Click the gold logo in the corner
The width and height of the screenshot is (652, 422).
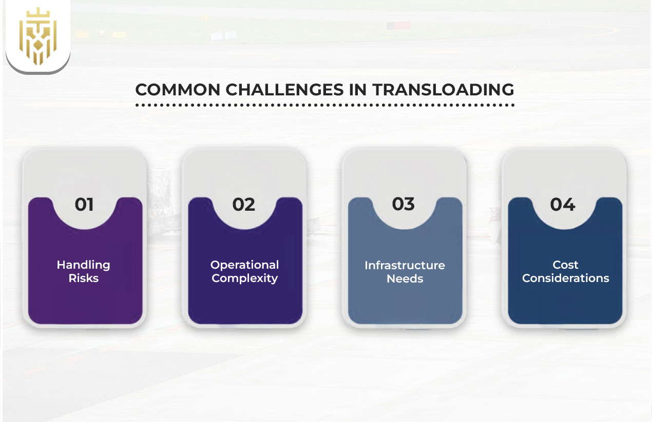37,36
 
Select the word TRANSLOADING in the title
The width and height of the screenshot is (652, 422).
444,90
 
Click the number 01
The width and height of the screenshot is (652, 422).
84,205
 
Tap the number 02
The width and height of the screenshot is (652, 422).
244,205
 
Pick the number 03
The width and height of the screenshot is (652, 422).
404,204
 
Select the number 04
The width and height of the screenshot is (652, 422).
563,205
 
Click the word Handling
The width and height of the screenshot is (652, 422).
84,265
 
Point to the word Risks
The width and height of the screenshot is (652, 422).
84,278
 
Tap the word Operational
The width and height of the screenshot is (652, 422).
245,265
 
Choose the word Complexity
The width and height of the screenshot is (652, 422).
245,278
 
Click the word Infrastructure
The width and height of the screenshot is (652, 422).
405,266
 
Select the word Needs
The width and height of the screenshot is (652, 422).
405,279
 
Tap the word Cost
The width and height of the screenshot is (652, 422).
565,265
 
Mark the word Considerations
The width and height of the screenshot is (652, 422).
565,278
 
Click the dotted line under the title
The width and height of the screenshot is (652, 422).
324,105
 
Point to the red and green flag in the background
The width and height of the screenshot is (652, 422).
398,25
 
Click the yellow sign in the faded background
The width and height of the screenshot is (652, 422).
119,34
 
